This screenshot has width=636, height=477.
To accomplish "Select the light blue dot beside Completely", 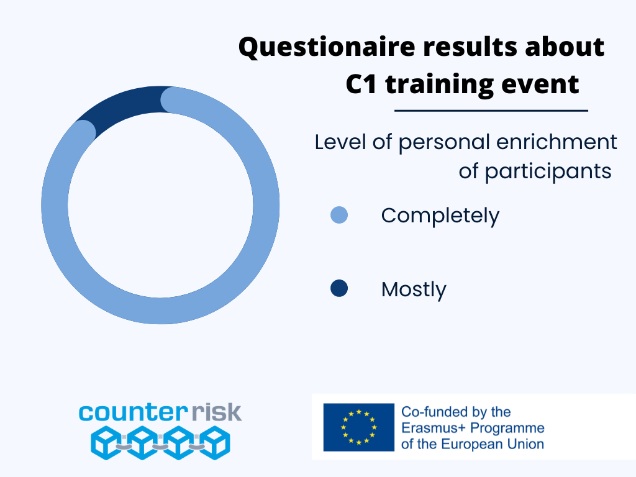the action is pyautogui.click(x=339, y=215).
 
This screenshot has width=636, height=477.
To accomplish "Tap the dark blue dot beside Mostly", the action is pyautogui.click(x=339, y=288).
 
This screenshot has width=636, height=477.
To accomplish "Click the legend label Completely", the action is pyautogui.click(x=440, y=216).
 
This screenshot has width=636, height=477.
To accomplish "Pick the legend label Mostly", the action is pyautogui.click(x=414, y=289).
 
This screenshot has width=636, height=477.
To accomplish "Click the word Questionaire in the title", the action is pyautogui.click(x=327, y=47).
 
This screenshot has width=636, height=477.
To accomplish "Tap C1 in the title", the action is pyautogui.click(x=361, y=84).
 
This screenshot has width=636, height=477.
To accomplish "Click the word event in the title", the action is pyautogui.click(x=540, y=84).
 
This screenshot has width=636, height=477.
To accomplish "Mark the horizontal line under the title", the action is pyautogui.click(x=491, y=111).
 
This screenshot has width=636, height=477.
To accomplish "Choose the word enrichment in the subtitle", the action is pyautogui.click(x=556, y=142).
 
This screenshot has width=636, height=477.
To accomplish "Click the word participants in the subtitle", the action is pyautogui.click(x=548, y=172).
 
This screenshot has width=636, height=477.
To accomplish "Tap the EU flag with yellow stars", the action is pyautogui.click(x=358, y=427).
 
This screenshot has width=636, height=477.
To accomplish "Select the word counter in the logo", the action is pyautogui.click(x=133, y=412).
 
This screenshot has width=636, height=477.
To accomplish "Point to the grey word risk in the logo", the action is pyautogui.click(x=217, y=412).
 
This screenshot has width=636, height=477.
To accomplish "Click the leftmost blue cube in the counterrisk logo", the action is pyautogui.click(x=106, y=442).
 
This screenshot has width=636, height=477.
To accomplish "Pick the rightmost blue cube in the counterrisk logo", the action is pyautogui.click(x=216, y=442).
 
